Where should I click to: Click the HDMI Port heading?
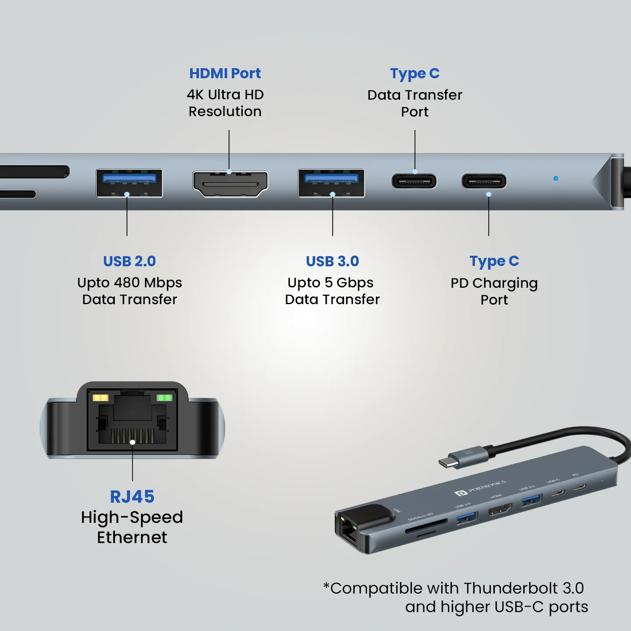[x=225, y=73]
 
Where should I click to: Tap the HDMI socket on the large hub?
[x=230, y=184]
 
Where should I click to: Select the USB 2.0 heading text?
[x=129, y=261]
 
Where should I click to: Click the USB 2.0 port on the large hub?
[x=129, y=183]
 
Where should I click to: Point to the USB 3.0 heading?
[x=332, y=261]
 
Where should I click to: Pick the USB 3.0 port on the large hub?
[x=331, y=183]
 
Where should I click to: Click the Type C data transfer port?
[x=414, y=181]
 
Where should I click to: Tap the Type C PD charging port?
[x=484, y=181]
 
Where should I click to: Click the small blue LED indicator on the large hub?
[x=556, y=178]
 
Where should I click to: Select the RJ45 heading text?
[x=132, y=496]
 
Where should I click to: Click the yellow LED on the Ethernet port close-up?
[x=100, y=398]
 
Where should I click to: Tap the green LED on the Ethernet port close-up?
[x=164, y=398]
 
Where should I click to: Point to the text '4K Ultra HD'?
[x=225, y=95]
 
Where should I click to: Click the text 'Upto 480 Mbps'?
[x=129, y=283]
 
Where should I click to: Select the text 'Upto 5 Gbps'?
[x=330, y=283]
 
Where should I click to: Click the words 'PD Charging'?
[x=494, y=283]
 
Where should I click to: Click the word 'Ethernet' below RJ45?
[x=132, y=537]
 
